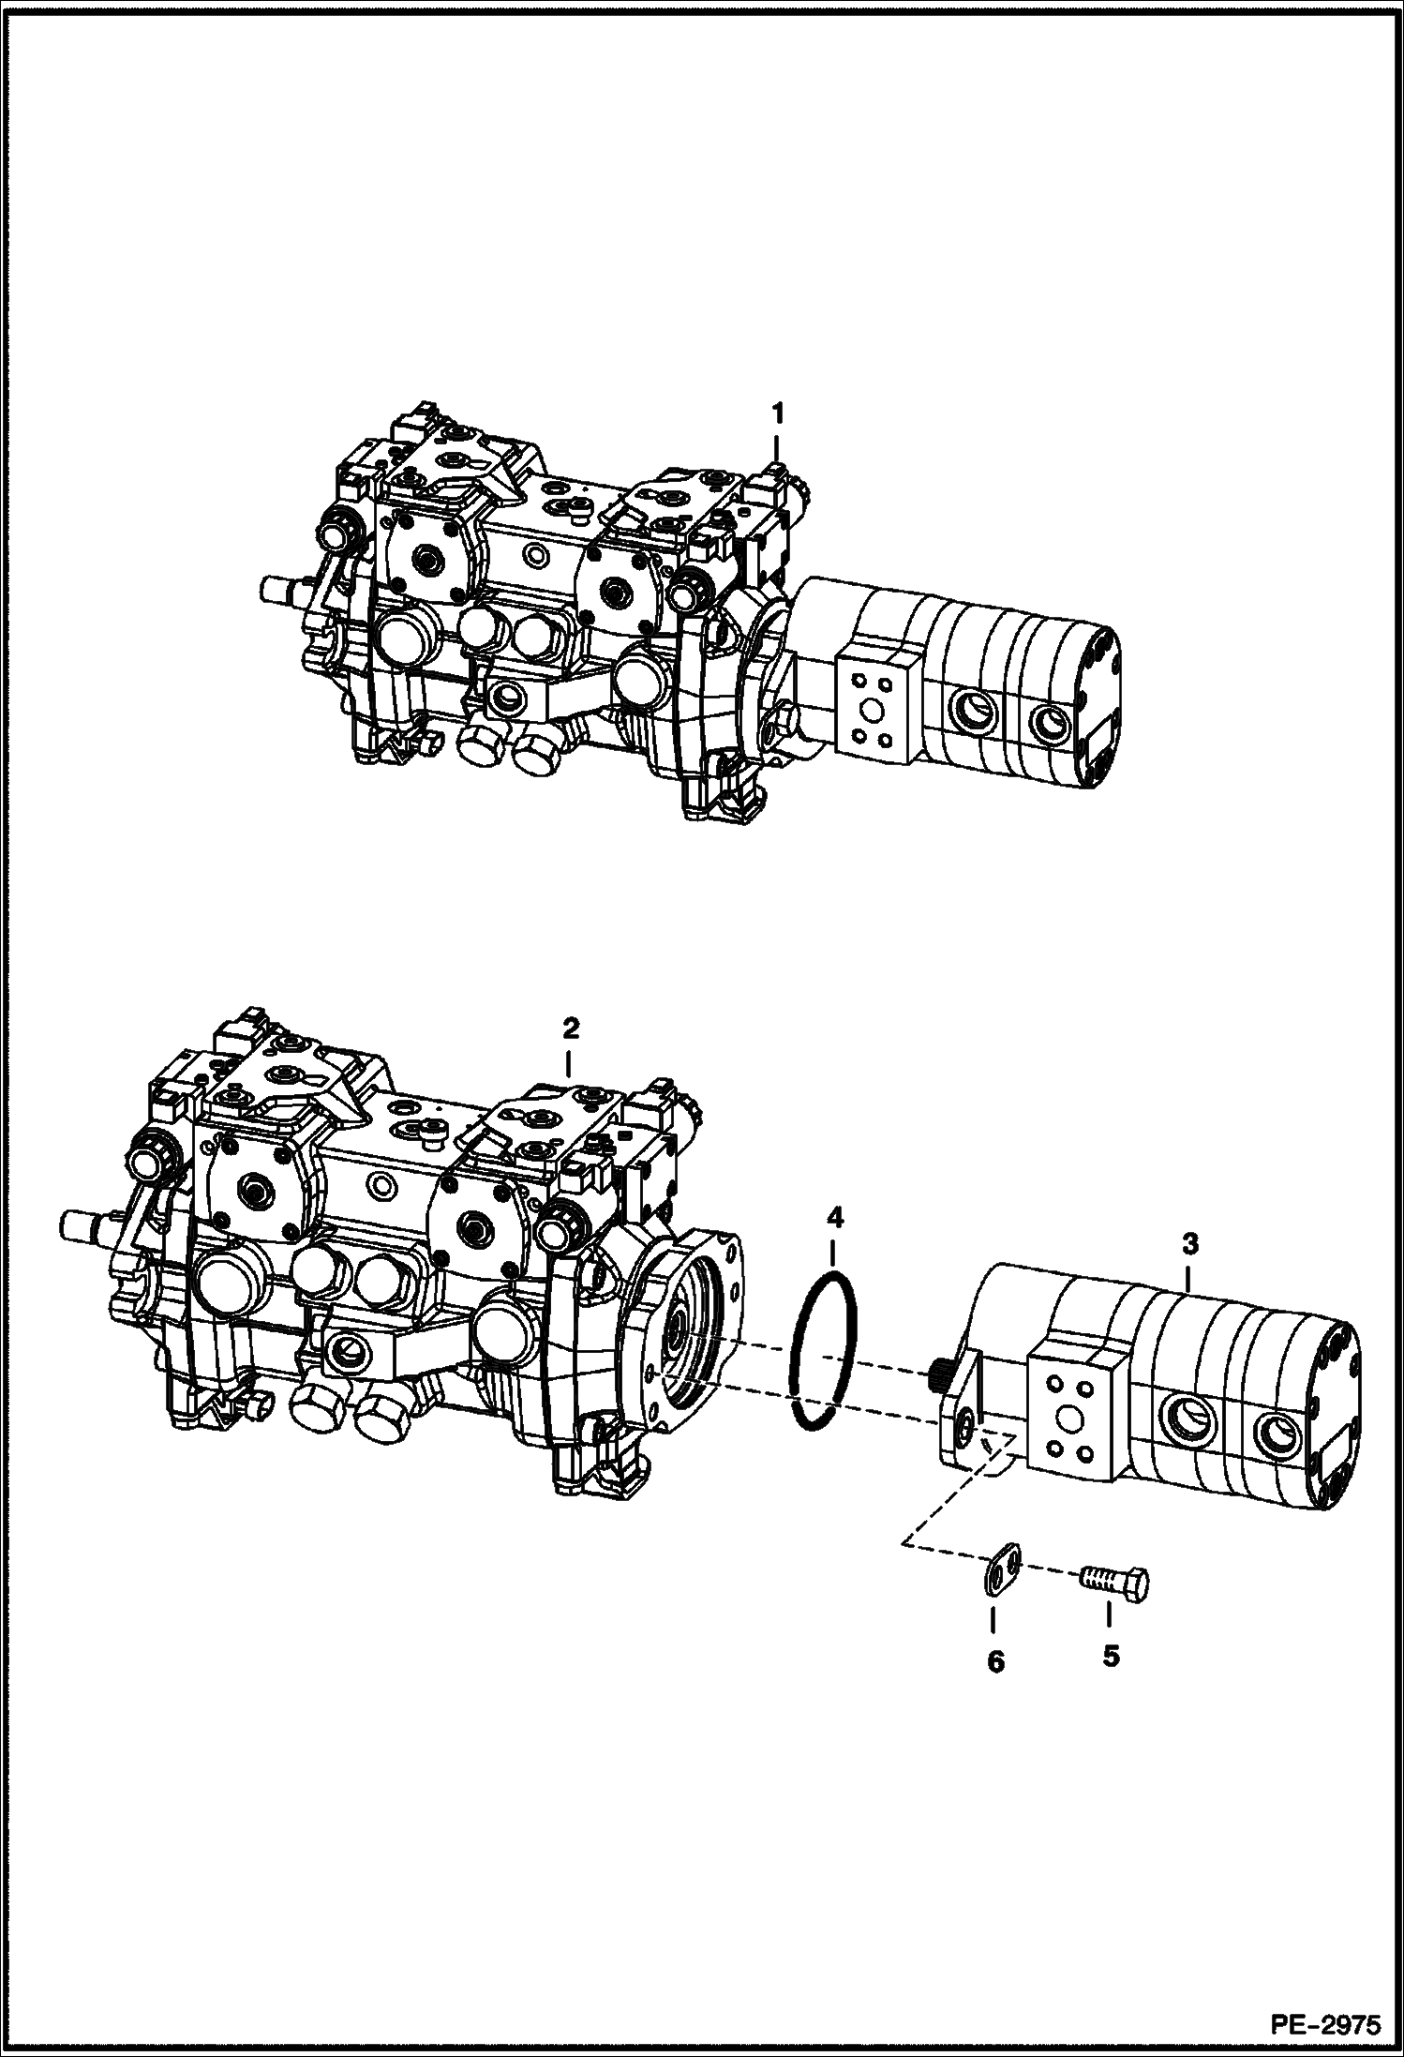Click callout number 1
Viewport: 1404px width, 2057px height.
tap(777, 413)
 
